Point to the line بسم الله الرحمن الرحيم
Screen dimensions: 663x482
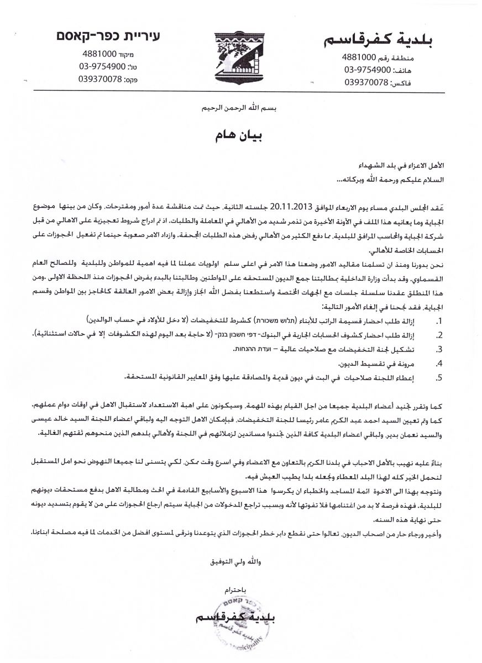click(240, 109)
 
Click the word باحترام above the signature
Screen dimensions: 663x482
click(241, 588)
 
